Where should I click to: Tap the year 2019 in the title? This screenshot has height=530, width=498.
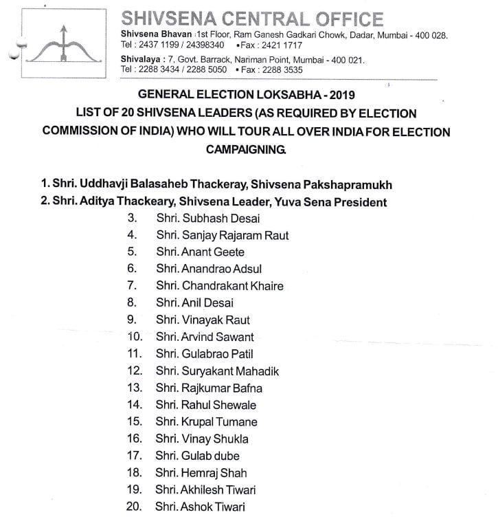(332, 95)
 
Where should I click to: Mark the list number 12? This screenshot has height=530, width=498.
(135, 371)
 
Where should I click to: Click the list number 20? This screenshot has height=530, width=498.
(135, 507)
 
